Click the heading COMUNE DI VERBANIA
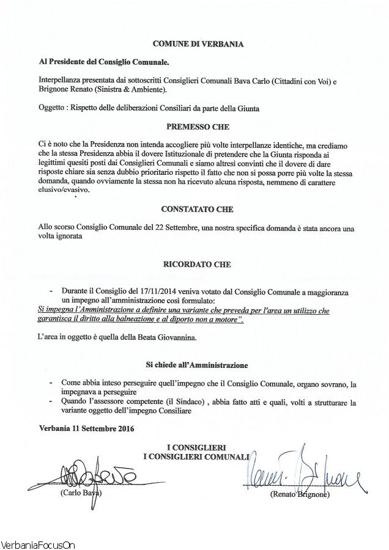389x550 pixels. point(198,45)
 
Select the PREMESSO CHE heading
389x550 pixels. point(197,128)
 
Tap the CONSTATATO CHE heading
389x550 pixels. point(198,209)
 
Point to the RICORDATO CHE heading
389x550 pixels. point(197,267)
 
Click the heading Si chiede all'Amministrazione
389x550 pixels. point(196,364)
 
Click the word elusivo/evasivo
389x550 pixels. point(62,190)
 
